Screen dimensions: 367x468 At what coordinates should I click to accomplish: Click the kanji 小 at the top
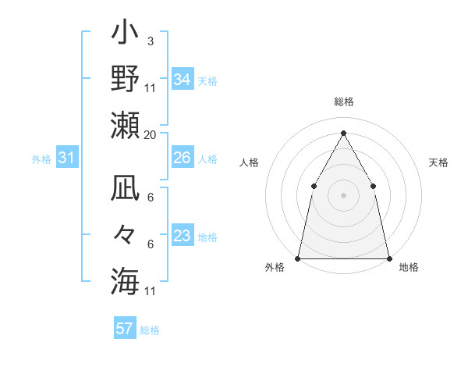coord(125,35)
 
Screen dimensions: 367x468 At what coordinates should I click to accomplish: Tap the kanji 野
coord(125,79)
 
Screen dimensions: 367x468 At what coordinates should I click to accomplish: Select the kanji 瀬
coord(125,124)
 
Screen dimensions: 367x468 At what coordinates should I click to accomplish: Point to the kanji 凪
coord(125,191)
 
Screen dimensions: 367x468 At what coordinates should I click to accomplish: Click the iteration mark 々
coord(125,234)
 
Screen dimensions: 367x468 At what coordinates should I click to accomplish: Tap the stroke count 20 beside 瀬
coord(150,135)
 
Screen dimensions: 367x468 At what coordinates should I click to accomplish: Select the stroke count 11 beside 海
coord(151,291)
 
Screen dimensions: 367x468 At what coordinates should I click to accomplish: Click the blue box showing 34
coord(182,79)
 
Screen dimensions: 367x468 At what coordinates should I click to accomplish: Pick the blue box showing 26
coord(182,158)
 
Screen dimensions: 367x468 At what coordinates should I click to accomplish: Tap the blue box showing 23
coord(182,236)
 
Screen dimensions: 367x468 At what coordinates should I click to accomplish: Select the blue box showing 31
coord(67,159)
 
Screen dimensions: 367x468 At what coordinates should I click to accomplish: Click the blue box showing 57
coord(124,329)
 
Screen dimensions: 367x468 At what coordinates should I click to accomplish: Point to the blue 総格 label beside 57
coord(150,330)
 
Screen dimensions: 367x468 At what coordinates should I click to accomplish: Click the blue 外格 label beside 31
coord(41,159)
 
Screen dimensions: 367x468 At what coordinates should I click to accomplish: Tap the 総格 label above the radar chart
coord(343,102)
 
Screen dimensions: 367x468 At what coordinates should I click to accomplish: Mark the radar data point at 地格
coord(388,258)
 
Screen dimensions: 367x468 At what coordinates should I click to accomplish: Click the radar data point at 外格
coord(298,258)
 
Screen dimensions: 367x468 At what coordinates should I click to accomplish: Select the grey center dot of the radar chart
coord(343,195)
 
